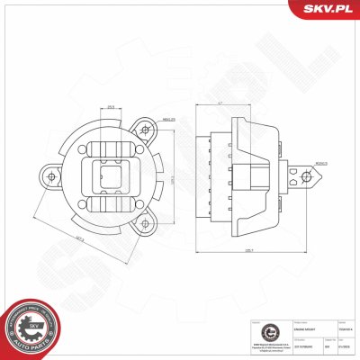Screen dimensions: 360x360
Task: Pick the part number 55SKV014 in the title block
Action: (x=343, y=329)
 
